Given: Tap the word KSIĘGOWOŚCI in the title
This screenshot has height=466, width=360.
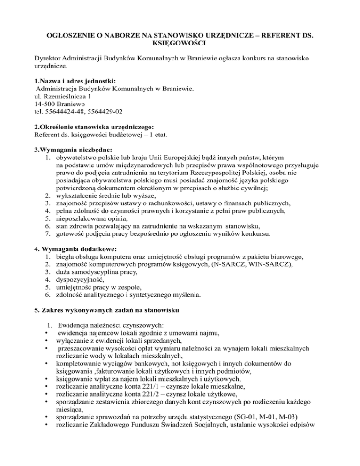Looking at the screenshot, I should [180, 45].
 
